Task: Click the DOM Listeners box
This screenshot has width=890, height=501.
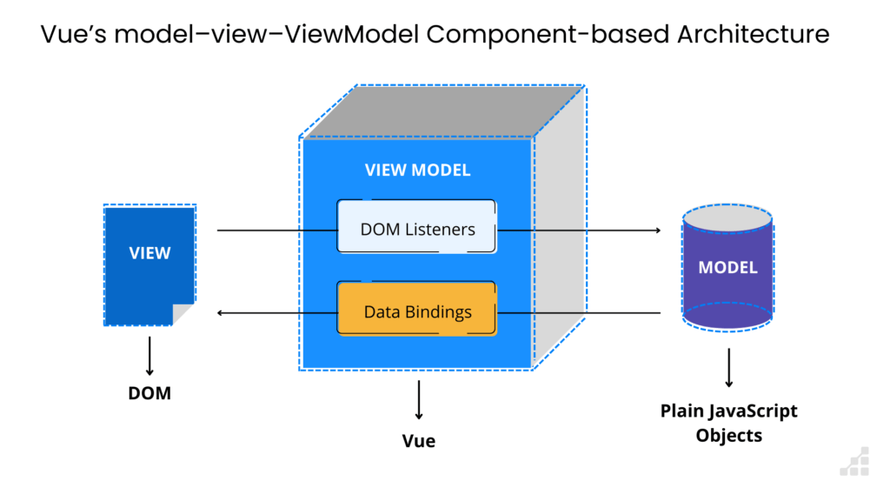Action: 416,226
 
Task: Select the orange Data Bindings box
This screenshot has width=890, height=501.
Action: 416,309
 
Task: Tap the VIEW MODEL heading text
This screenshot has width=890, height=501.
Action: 417,170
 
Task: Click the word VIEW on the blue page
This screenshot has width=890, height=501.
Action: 149,253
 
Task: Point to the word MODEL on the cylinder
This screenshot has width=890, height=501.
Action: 727,268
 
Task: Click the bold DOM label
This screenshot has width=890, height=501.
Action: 149,393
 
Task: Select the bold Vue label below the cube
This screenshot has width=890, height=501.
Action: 419,441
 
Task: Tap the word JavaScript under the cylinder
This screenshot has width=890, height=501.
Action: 749,411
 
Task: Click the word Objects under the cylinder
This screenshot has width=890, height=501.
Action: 729,436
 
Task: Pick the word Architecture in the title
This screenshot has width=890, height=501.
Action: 754,34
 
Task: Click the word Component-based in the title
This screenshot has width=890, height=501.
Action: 548,35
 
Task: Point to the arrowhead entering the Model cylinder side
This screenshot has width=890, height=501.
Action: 659,230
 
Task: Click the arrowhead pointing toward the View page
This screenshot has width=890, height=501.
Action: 220,312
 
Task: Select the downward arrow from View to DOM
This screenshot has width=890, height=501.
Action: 149,356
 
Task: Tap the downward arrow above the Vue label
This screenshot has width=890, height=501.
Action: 419,400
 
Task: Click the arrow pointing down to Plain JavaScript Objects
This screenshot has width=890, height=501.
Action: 729,368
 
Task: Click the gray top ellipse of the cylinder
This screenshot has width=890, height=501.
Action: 727,218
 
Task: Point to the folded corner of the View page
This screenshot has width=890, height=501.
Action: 182,313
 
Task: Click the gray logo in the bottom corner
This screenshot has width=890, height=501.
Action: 855,461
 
